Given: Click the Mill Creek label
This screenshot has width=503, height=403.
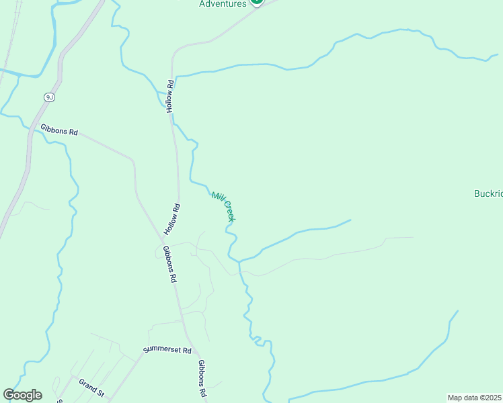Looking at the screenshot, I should [x=223, y=206].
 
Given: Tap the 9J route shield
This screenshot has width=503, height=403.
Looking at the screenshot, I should [x=49, y=97].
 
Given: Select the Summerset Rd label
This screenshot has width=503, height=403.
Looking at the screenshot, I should [x=167, y=351].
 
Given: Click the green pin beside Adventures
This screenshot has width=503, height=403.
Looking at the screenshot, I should [x=256, y=2].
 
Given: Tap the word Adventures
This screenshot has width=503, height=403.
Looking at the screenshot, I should [x=223, y=3].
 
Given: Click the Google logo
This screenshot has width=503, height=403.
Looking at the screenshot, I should [x=22, y=395].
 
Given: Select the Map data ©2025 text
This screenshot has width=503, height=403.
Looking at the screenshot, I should [x=475, y=398].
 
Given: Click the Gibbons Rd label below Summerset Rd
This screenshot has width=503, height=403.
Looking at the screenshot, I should [x=201, y=377].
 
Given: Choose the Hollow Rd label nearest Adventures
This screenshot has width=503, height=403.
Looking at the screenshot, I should [x=171, y=96].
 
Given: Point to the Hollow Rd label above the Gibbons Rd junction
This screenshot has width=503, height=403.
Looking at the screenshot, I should [x=176, y=217].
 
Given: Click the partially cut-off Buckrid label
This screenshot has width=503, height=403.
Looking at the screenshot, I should [x=488, y=193].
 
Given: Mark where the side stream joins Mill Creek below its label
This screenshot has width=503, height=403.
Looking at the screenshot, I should [x=239, y=261].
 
